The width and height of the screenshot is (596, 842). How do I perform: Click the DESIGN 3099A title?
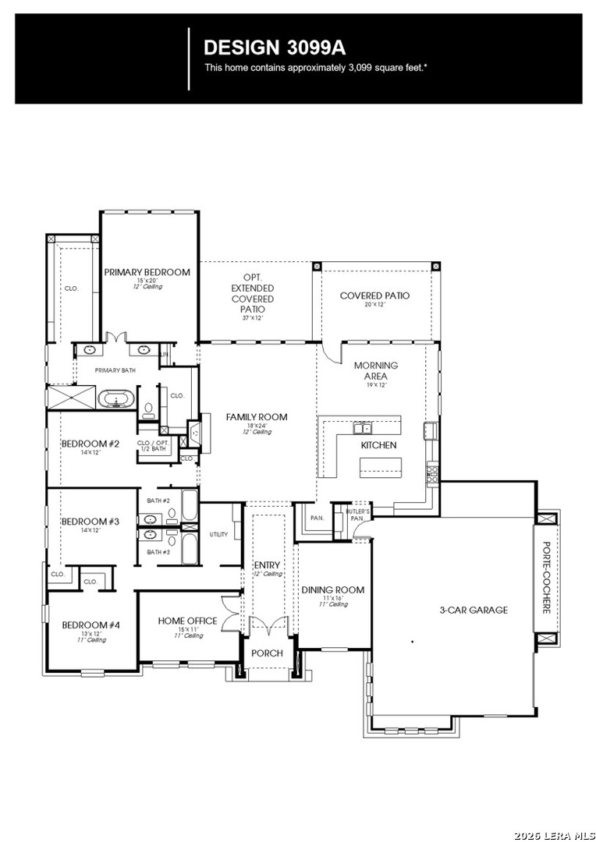coord(264,47)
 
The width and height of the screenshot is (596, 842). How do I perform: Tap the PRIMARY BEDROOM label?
coord(147,272)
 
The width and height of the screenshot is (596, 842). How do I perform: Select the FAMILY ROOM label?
coord(257,417)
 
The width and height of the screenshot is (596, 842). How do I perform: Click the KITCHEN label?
coord(378,445)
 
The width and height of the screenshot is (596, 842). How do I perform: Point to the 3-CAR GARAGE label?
coord(473,610)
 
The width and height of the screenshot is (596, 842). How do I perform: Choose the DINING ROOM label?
coord(333,589)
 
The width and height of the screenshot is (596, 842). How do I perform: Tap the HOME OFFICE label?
coord(187,621)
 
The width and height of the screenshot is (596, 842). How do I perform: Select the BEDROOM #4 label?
coord(91,624)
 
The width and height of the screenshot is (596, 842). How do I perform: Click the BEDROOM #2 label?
coord(90,444)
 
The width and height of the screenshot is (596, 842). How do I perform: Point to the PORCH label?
coord(268,653)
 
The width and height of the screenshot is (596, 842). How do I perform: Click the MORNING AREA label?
coord(375,370)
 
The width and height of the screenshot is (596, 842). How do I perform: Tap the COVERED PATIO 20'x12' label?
coord(374,295)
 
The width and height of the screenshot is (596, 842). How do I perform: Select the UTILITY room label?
coord(218,535)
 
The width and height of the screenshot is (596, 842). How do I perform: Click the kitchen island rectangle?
coord(381,467)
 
